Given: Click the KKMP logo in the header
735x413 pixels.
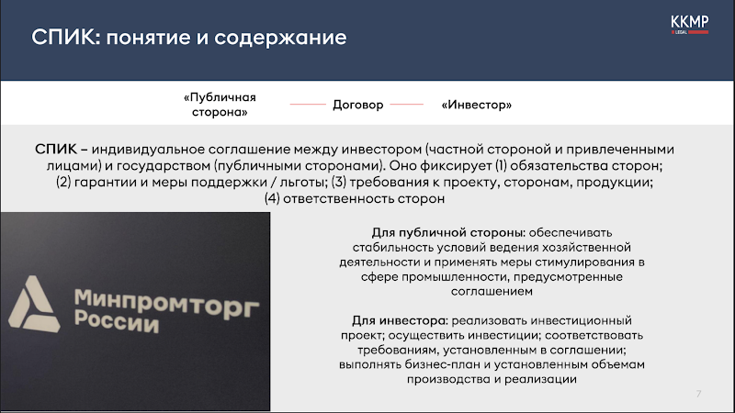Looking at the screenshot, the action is pyautogui.click(x=690, y=25).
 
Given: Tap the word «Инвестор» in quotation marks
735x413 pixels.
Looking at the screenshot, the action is pyautogui.click(x=476, y=105).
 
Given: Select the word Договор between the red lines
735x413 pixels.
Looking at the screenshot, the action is pyautogui.click(x=358, y=105).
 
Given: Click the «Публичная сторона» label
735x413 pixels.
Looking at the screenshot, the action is pyautogui.click(x=220, y=105).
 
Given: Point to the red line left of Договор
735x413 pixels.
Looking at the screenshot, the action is pyautogui.click(x=308, y=104).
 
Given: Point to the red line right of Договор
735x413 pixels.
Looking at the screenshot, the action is pyautogui.click(x=406, y=104).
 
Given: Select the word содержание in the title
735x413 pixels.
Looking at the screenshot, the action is pyautogui.click(x=280, y=38).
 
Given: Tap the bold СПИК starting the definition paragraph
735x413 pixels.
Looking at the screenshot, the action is pyautogui.click(x=56, y=149).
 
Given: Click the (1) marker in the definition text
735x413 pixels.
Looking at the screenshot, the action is pyautogui.click(x=501, y=166).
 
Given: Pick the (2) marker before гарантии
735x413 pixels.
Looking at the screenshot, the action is pyautogui.click(x=63, y=182).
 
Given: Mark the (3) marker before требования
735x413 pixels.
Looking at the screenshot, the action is pyautogui.click(x=339, y=182).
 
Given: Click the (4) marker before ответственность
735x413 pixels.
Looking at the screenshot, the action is pyautogui.click(x=272, y=198).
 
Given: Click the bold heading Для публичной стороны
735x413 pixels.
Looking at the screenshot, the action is pyautogui.click(x=448, y=233).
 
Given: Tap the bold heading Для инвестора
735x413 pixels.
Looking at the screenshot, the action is pyautogui.click(x=401, y=320).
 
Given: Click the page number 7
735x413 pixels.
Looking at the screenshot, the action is pyautogui.click(x=698, y=394).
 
